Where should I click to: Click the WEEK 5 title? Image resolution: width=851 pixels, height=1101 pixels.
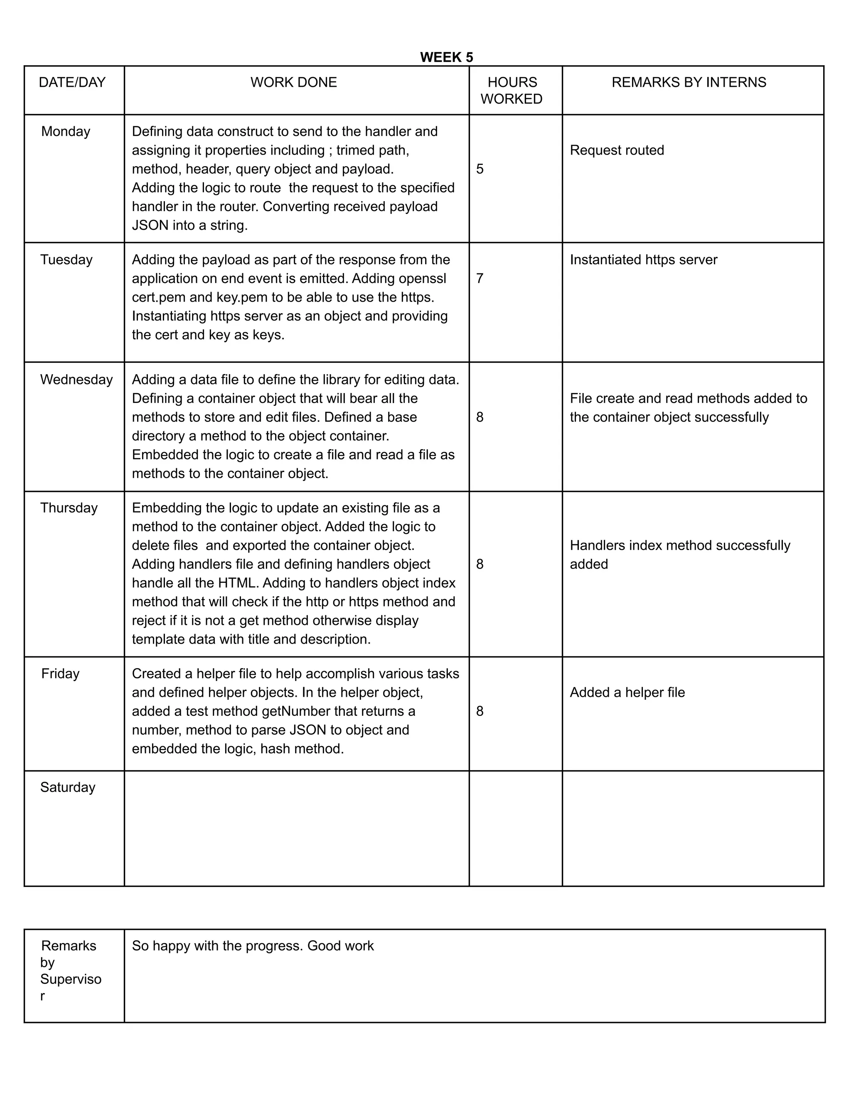tap(446, 57)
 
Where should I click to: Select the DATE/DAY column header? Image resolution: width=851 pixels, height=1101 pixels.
tap(72, 82)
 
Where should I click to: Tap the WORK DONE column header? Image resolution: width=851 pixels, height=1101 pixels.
tap(293, 82)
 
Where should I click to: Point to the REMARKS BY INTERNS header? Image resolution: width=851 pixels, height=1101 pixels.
tap(689, 82)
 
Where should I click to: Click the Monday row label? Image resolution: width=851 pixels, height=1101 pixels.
tap(66, 132)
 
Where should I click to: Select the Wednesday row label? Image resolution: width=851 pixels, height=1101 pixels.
tap(76, 380)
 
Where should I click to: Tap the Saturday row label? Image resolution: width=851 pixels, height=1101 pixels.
tap(68, 787)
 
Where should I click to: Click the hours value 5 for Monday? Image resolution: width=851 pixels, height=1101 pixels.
tap(480, 169)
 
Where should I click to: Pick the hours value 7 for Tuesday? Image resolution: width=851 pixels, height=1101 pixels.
tap(480, 278)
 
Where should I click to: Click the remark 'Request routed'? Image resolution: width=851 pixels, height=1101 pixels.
tap(617, 150)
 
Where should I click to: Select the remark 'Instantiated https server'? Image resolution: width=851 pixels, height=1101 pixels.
tap(643, 260)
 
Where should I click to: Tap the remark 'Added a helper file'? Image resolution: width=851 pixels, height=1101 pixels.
tap(627, 693)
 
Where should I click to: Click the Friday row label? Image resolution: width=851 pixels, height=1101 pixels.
tap(60, 674)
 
